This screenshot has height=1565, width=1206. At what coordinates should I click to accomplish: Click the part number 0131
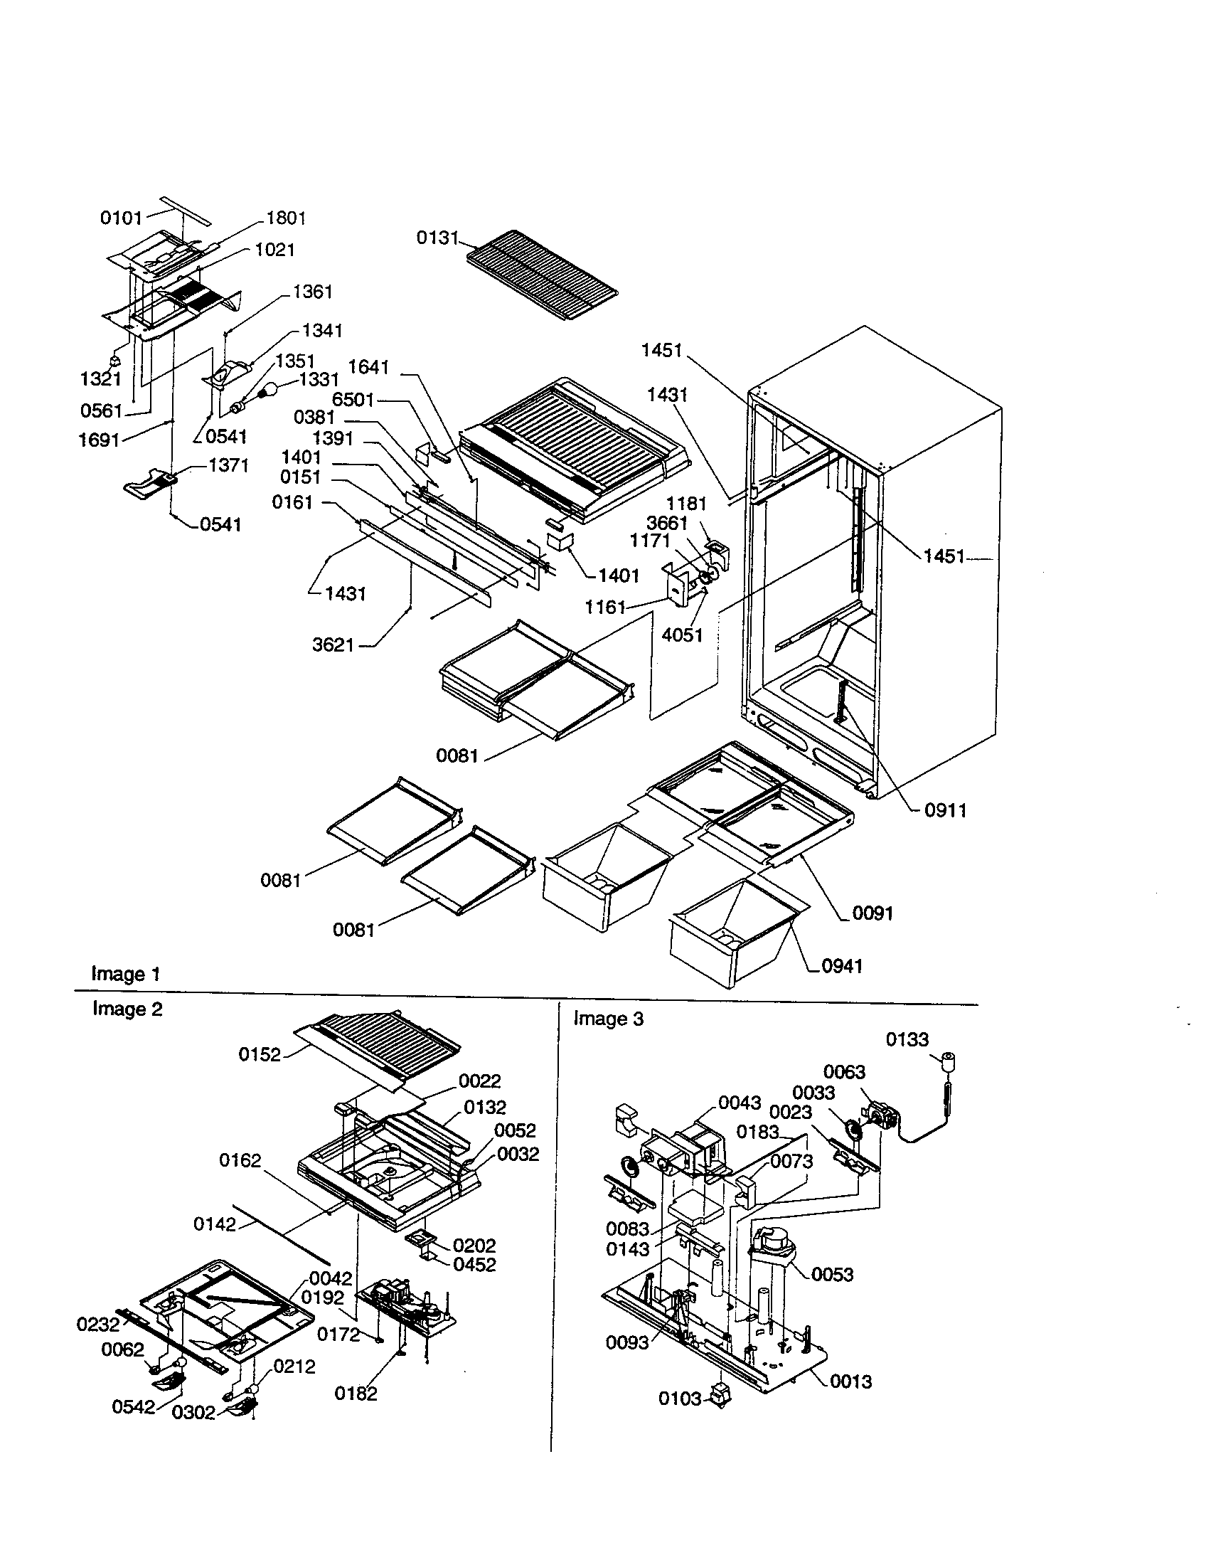pyautogui.click(x=436, y=237)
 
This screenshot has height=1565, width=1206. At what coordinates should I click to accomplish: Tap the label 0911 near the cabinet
pyautogui.click(x=945, y=810)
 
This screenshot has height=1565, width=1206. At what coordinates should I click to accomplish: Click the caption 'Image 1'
pyautogui.click(x=125, y=974)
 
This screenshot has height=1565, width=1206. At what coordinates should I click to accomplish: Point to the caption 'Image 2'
pyautogui.click(x=127, y=1009)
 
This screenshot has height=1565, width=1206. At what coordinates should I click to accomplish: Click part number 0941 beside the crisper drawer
pyautogui.click(x=841, y=966)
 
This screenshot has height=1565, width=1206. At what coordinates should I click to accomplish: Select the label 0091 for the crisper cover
pyautogui.click(x=873, y=913)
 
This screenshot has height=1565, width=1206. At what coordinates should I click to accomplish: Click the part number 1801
pyautogui.click(x=286, y=218)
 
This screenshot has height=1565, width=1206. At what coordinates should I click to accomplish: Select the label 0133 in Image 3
pyautogui.click(x=907, y=1039)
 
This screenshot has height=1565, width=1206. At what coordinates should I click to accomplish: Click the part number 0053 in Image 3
pyautogui.click(x=832, y=1274)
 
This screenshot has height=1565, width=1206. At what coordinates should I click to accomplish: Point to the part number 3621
pyautogui.click(x=333, y=645)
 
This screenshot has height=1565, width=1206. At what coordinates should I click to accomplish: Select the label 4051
pyautogui.click(x=682, y=635)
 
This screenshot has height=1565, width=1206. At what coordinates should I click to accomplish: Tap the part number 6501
pyautogui.click(x=353, y=400)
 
